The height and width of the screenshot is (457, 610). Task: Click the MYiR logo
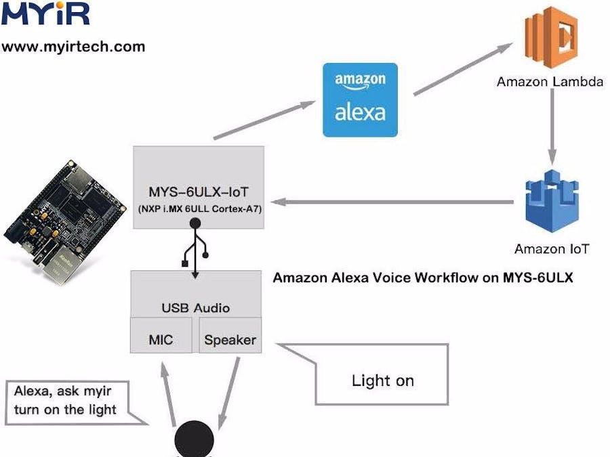[x=45, y=15]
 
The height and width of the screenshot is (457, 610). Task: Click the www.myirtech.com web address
[x=73, y=47]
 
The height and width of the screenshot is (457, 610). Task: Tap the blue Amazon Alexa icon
[x=360, y=100]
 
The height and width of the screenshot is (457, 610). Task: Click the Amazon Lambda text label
[x=550, y=82]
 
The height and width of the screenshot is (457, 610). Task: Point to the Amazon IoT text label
[x=551, y=248]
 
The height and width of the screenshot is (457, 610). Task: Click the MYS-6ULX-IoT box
[x=199, y=186]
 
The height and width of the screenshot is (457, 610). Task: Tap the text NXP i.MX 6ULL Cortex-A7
[x=199, y=209]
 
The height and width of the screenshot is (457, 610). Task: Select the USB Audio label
[x=195, y=308]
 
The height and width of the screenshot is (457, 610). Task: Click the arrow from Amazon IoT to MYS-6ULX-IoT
[x=393, y=202]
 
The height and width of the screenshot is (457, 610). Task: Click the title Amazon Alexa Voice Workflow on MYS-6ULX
[x=422, y=278]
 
